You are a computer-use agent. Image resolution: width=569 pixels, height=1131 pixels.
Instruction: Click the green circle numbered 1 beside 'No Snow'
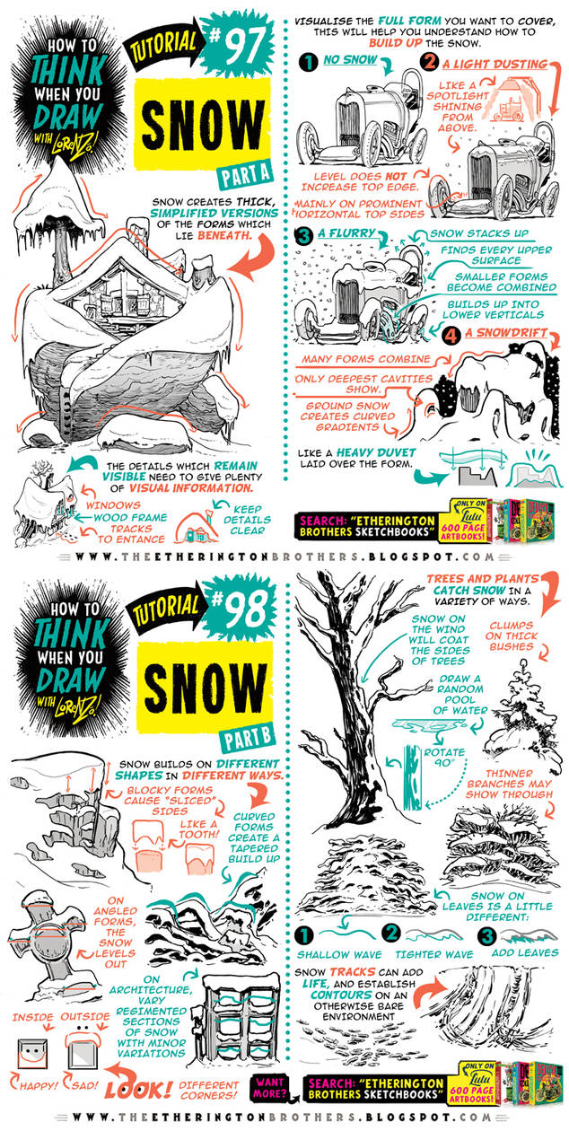(x=307, y=64)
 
